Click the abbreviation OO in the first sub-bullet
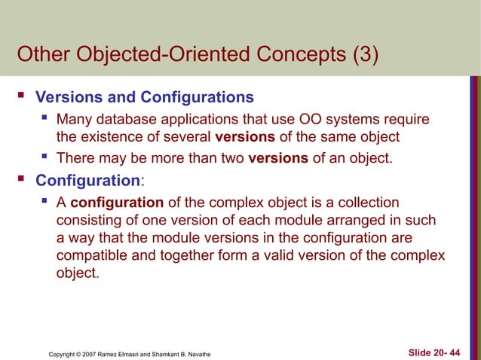pos(317,119)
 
